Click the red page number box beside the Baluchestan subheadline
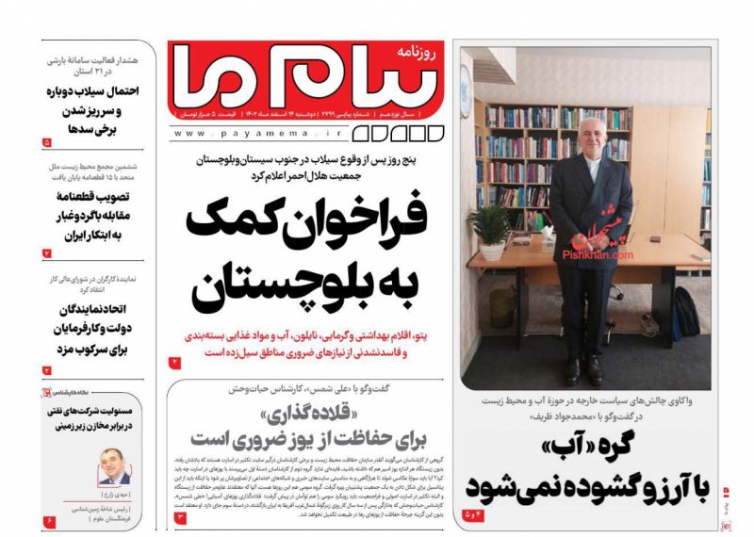pyautogui.click(x=174, y=363)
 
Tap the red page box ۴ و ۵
pyautogui.click(x=473, y=514)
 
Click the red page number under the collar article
pyautogui.click(x=180, y=517)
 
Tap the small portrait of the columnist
pyautogui.click(x=115, y=466)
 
